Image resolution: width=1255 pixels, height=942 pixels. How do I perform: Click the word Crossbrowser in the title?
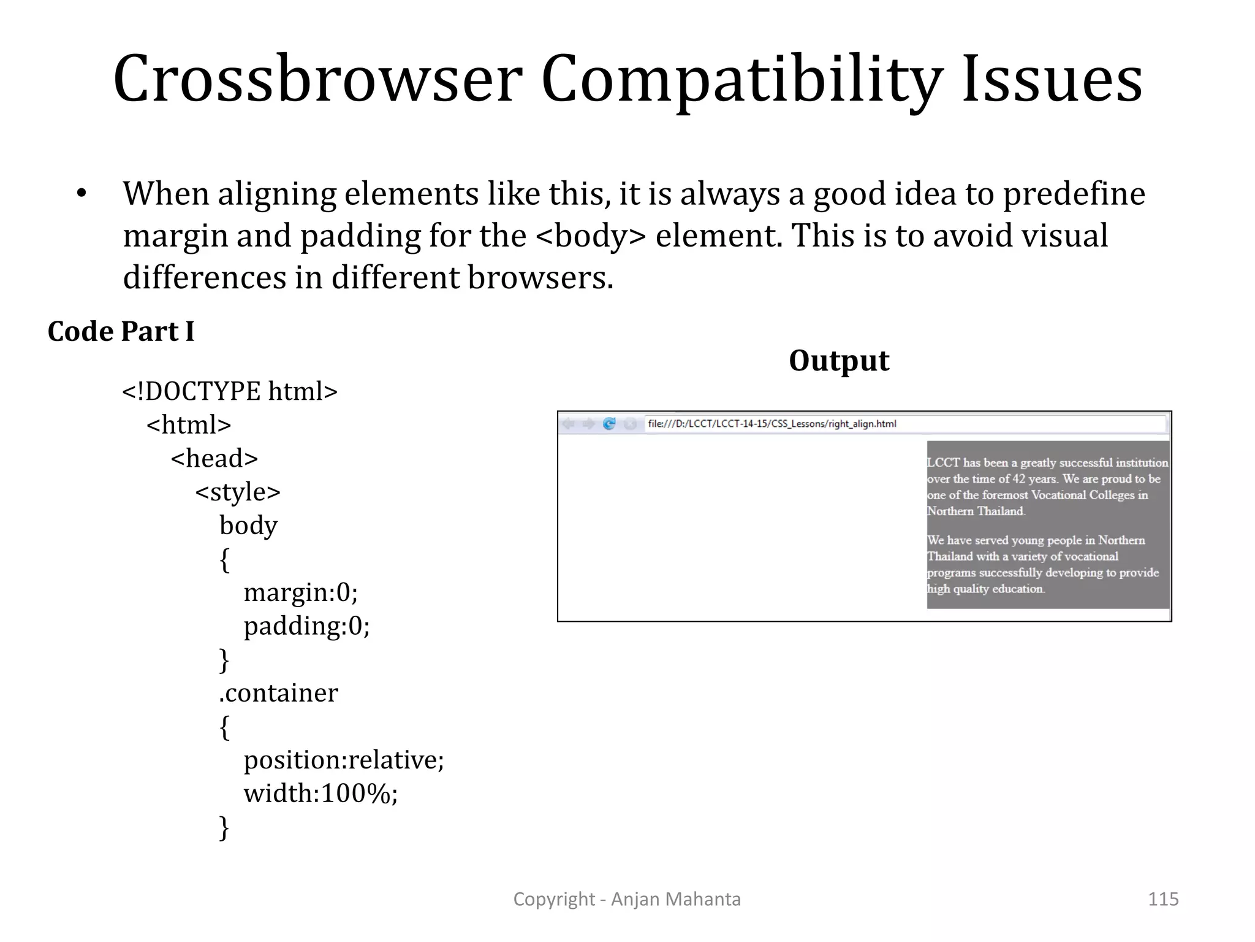point(317,80)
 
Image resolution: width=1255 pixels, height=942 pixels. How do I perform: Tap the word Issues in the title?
point(1052,80)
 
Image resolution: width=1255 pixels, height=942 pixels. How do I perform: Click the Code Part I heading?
point(121,332)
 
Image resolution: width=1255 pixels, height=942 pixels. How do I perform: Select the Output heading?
point(839,361)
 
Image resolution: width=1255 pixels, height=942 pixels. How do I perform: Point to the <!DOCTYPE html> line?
point(230,391)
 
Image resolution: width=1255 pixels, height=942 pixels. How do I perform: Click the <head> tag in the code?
point(214,458)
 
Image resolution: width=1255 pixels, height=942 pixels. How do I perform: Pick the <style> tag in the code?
point(238,492)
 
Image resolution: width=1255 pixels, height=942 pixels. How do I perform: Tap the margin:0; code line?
point(300,592)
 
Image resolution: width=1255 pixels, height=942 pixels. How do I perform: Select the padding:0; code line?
point(306,626)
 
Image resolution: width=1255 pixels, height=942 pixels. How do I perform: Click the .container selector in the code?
point(278,693)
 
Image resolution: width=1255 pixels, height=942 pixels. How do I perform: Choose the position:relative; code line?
point(343,760)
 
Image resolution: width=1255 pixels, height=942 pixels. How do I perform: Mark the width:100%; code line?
point(320,794)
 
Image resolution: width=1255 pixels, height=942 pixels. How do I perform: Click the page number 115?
point(1162,899)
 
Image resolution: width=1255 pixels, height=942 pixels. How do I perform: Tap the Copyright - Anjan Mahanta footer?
point(627,899)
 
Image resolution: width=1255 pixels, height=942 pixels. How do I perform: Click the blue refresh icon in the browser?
point(609,424)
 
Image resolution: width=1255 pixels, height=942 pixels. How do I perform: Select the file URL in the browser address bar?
point(772,424)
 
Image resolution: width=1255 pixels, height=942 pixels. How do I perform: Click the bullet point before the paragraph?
point(82,194)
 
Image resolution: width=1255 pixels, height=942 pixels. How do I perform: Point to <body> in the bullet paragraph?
point(591,236)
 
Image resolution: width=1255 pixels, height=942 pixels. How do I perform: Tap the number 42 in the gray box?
point(1018,479)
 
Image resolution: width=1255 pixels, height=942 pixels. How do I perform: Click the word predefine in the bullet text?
point(1074,194)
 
